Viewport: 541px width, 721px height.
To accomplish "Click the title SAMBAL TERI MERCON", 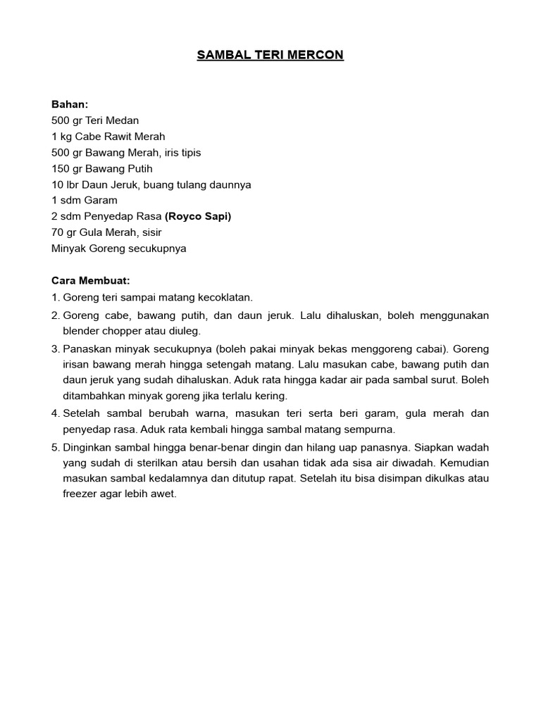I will (x=270, y=55).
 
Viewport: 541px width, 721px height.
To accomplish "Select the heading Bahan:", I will (x=70, y=104).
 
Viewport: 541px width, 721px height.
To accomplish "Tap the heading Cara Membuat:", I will (x=91, y=280).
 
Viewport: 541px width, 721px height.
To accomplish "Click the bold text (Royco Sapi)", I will (x=198, y=216).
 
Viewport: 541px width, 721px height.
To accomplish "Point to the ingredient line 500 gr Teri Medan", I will (x=95, y=120).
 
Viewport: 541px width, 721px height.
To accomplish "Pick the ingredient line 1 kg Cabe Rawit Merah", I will (x=108, y=137).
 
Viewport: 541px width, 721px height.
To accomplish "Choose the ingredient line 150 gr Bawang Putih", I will (x=102, y=168).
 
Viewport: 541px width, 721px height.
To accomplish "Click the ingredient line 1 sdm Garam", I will (x=85, y=200).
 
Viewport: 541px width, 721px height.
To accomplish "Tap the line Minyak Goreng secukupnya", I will (x=119, y=249).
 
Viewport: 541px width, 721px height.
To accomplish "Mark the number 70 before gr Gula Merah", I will (x=58, y=232).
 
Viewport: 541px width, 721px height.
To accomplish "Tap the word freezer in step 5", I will (x=81, y=494).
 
